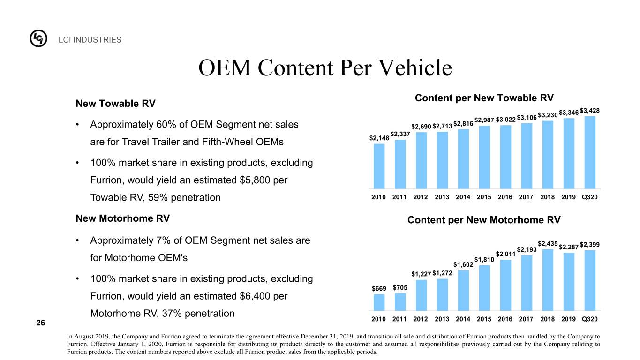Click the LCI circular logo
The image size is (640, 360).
[38, 38]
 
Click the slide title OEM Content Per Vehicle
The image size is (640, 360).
[325, 67]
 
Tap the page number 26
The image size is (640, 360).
[41, 322]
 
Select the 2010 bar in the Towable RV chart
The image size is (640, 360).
[379, 166]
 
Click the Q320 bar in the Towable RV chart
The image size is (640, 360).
[590, 152]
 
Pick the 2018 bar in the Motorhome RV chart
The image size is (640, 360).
[548, 280]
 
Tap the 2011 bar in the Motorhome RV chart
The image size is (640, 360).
[400, 302]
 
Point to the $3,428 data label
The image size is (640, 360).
[590, 111]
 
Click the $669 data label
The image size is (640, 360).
[379, 289]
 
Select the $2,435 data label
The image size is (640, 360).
[548, 244]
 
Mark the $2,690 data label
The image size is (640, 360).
[421, 127]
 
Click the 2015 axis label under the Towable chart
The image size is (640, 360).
[484, 197]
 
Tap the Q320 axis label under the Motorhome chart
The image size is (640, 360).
[590, 319]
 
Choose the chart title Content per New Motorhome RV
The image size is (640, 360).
[484, 220]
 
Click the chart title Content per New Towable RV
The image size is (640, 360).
[484, 98]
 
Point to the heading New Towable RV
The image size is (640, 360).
[115, 104]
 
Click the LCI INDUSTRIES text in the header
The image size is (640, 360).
[90, 40]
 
